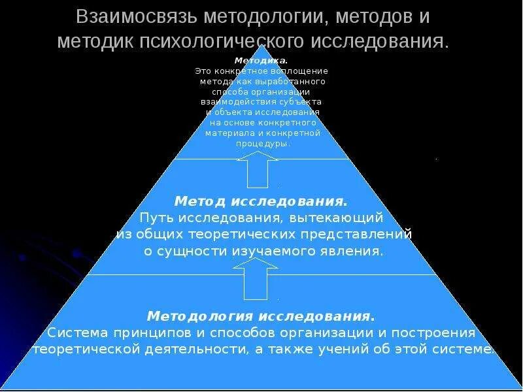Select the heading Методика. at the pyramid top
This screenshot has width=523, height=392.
261,61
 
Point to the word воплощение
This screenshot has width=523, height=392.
299,71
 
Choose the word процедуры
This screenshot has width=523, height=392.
261,144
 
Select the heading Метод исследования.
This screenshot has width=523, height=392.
261,200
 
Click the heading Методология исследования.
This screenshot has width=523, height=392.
261,316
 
